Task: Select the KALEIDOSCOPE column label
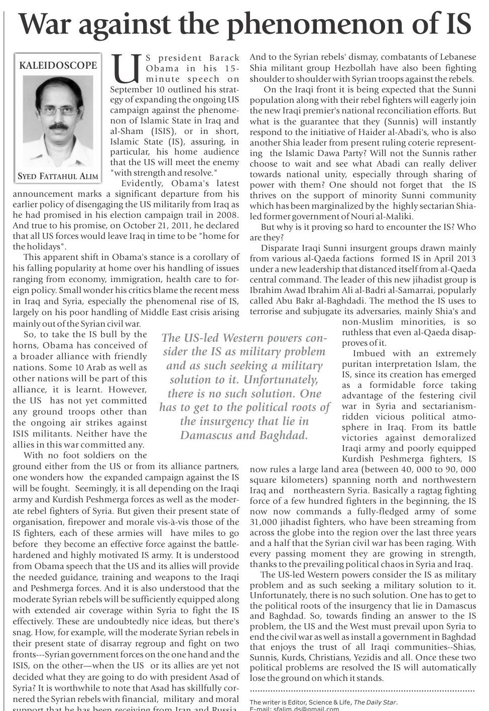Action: [x=58, y=65]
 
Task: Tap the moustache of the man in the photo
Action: [x=57, y=126]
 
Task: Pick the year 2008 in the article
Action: [x=228, y=215]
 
